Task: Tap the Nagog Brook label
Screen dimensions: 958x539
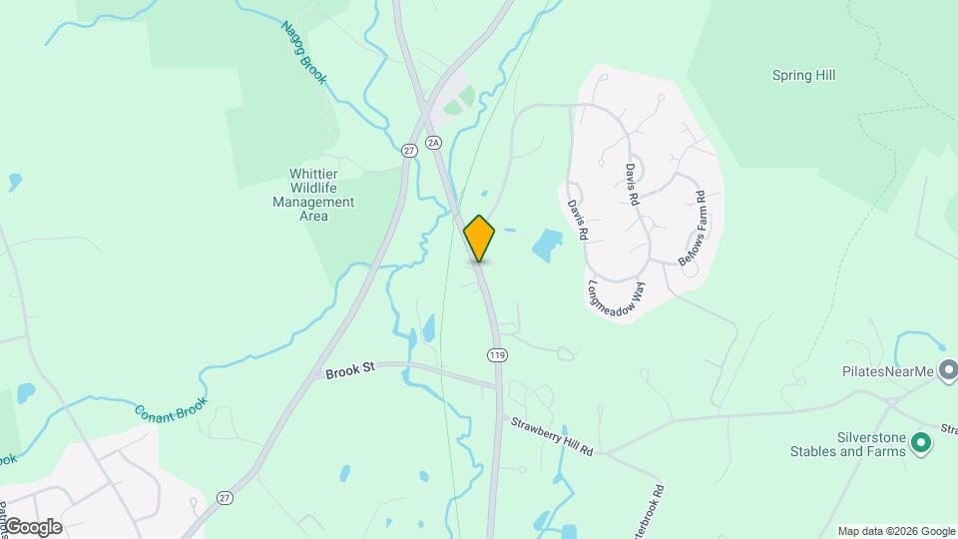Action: coord(303,53)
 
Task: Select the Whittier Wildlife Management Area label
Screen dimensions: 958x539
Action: coord(313,195)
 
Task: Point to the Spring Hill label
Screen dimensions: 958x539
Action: coord(803,75)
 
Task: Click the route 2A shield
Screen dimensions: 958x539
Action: coord(433,144)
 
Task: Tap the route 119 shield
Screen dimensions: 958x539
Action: coord(495,354)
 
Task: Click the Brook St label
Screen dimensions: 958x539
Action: coord(349,369)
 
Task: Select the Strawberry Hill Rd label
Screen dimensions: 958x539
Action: coord(552,436)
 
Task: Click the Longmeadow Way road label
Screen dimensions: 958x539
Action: coord(616,289)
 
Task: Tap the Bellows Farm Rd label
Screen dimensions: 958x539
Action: coord(692,228)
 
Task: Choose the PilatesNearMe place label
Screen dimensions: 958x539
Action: coord(885,372)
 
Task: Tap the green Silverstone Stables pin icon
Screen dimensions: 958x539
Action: coord(922,443)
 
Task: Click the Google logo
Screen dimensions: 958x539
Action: coord(32,526)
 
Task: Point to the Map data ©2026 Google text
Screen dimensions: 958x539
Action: coord(895,531)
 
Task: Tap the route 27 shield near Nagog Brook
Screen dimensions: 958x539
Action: coord(409,151)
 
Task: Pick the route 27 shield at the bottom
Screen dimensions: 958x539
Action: coord(223,497)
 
